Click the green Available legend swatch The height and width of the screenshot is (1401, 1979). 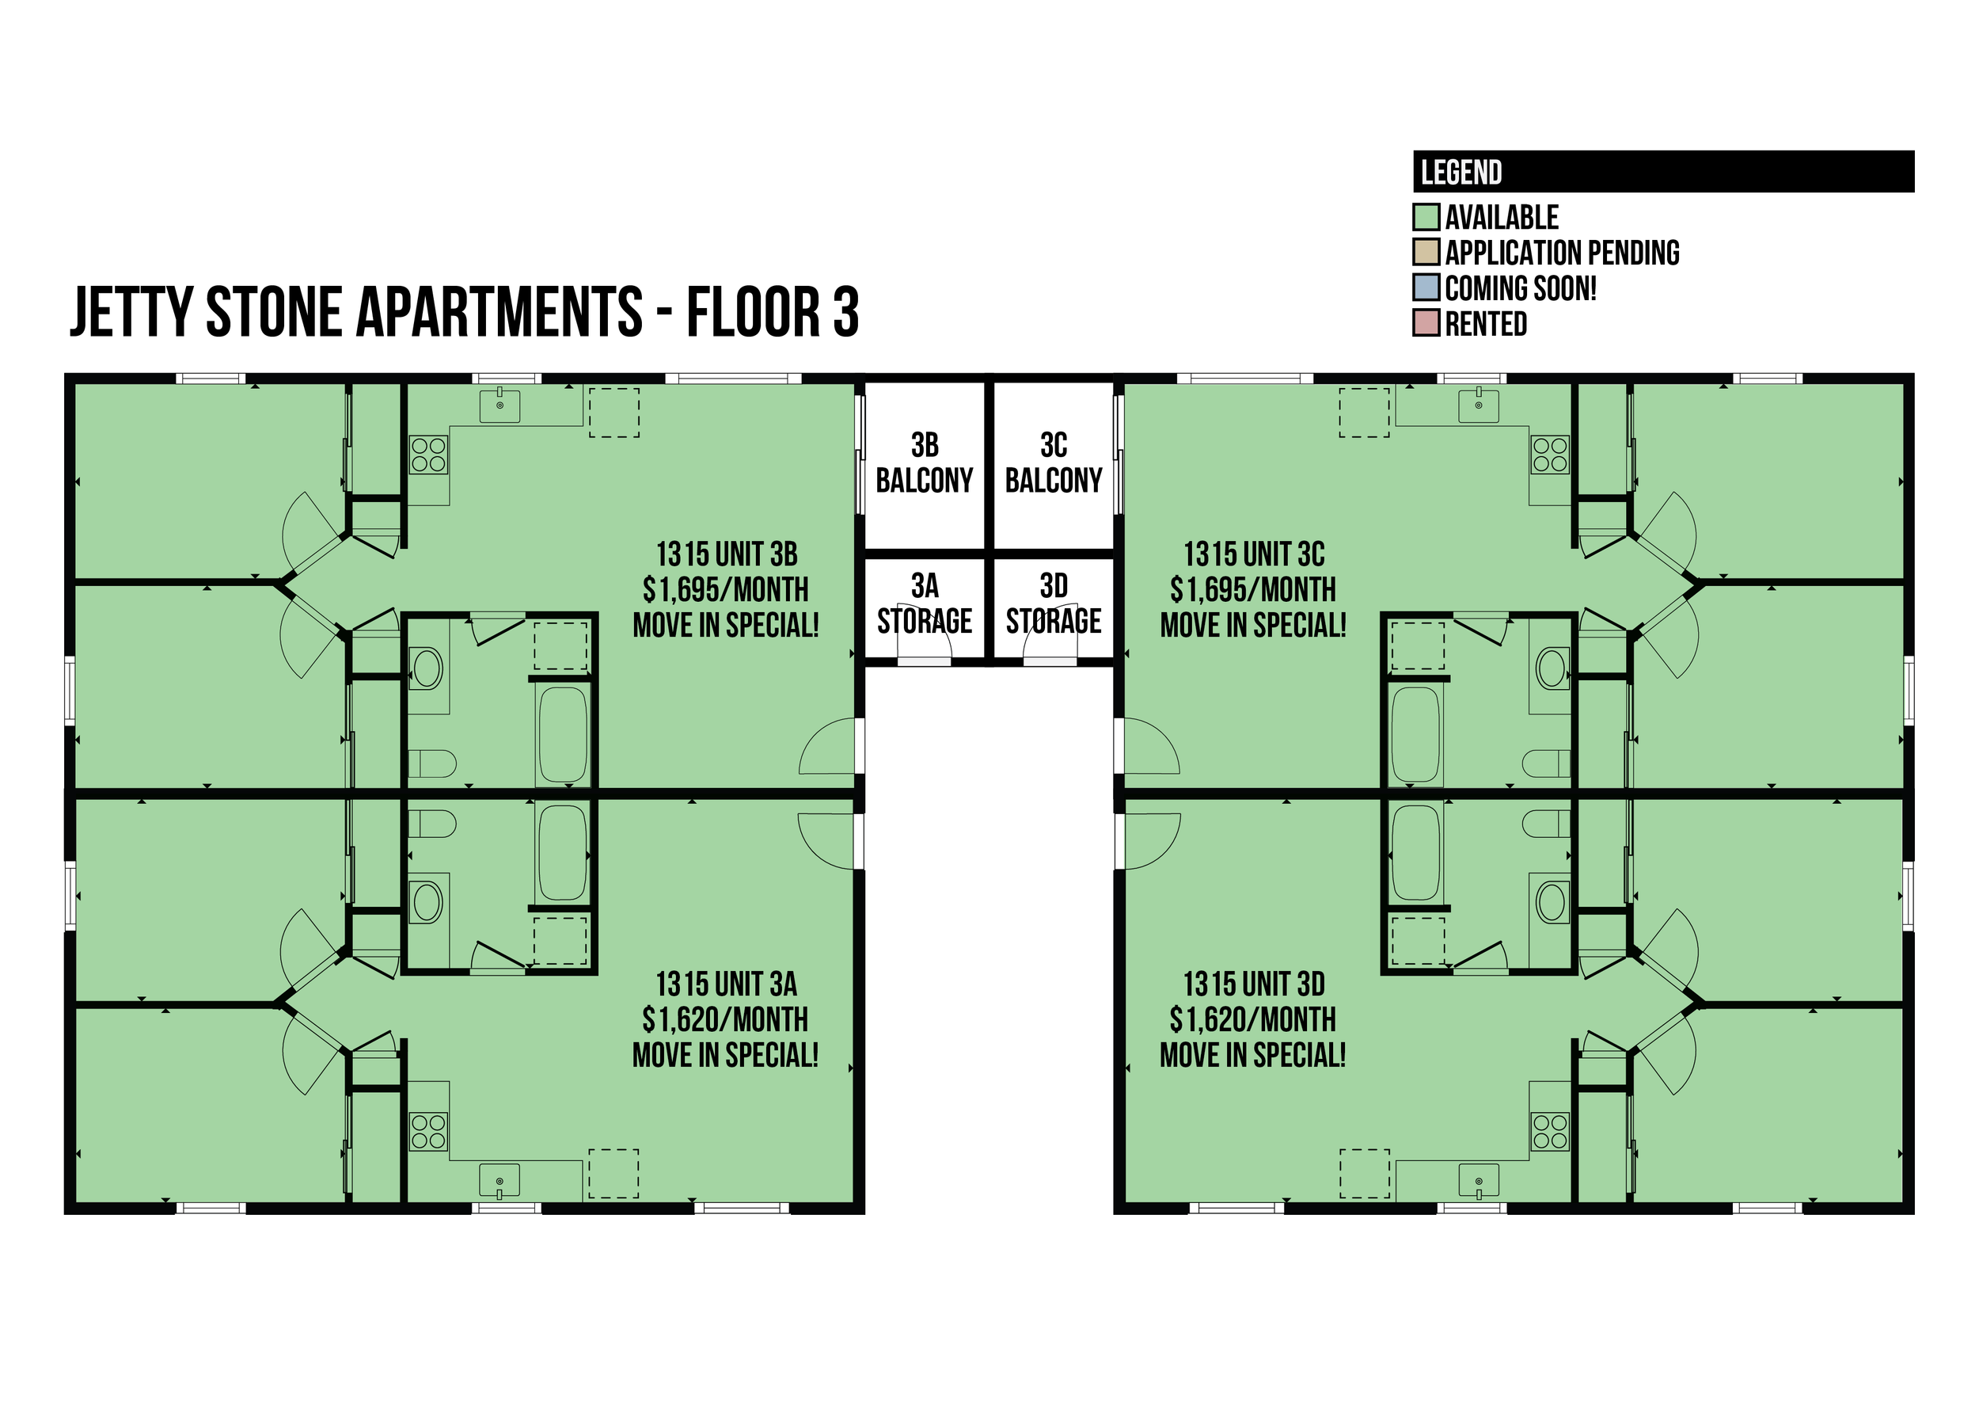click(1426, 216)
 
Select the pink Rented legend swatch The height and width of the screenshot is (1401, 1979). click(1426, 322)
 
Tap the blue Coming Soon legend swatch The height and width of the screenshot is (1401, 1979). click(1426, 287)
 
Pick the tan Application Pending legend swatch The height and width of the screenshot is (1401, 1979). click(1426, 252)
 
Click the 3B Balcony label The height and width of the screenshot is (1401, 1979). click(925, 463)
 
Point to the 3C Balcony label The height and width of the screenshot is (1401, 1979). click(1054, 463)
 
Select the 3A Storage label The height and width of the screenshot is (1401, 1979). click(925, 603)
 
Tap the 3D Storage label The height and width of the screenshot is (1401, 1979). click(1054, 603)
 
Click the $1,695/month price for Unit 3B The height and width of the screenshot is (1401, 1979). click(725, 590)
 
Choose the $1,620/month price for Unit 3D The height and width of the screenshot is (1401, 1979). click(1253, 1020)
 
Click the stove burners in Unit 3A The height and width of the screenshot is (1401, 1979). click(428, 1132)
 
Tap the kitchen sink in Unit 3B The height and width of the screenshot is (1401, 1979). click(499, 405)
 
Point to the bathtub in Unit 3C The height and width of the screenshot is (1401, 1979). click(1416, 734)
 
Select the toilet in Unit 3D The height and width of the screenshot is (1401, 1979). click(1546, 824)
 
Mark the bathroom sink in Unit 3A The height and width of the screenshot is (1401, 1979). click(427, 901)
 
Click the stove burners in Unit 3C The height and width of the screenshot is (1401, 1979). click(1550, 455)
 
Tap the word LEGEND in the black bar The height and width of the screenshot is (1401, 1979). click(1461, 173)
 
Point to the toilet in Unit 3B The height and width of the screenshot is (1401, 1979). click(432, 763)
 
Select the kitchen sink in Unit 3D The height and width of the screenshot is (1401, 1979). click(1479, 1181)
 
